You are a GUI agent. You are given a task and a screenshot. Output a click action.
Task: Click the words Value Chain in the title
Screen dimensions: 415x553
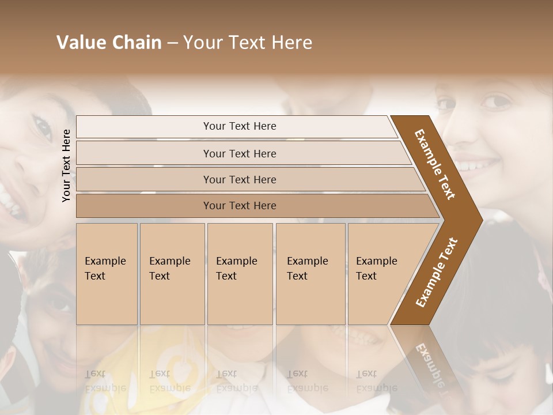(x=109, y=43)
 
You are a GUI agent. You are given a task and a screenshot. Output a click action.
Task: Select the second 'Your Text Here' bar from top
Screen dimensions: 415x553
(x=240, y=153)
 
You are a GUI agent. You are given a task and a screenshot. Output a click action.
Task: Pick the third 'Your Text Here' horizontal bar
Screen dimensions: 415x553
(x=240, y=179)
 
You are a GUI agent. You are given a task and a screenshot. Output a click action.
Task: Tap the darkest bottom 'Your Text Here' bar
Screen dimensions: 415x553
(x=240, y=206)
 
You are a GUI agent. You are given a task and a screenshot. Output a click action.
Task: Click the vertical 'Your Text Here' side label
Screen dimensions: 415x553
(x=66, y=165)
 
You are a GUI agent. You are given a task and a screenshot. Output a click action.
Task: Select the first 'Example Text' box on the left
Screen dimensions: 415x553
(x=107, y=273)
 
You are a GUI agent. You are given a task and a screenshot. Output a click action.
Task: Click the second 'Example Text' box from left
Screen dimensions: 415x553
(x=172, y=273)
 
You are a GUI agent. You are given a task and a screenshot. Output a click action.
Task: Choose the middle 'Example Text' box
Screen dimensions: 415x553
(x=239, y=273)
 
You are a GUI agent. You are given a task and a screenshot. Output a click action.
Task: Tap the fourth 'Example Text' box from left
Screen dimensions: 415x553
(x=310, y=273)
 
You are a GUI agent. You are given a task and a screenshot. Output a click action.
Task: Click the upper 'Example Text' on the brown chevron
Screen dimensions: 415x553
(x=435, y=164)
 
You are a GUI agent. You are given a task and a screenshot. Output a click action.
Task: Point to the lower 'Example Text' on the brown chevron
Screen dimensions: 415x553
(x=437, y=272)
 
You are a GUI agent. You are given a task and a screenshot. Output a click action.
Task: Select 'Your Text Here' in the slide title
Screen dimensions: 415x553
(x=248, y=43)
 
